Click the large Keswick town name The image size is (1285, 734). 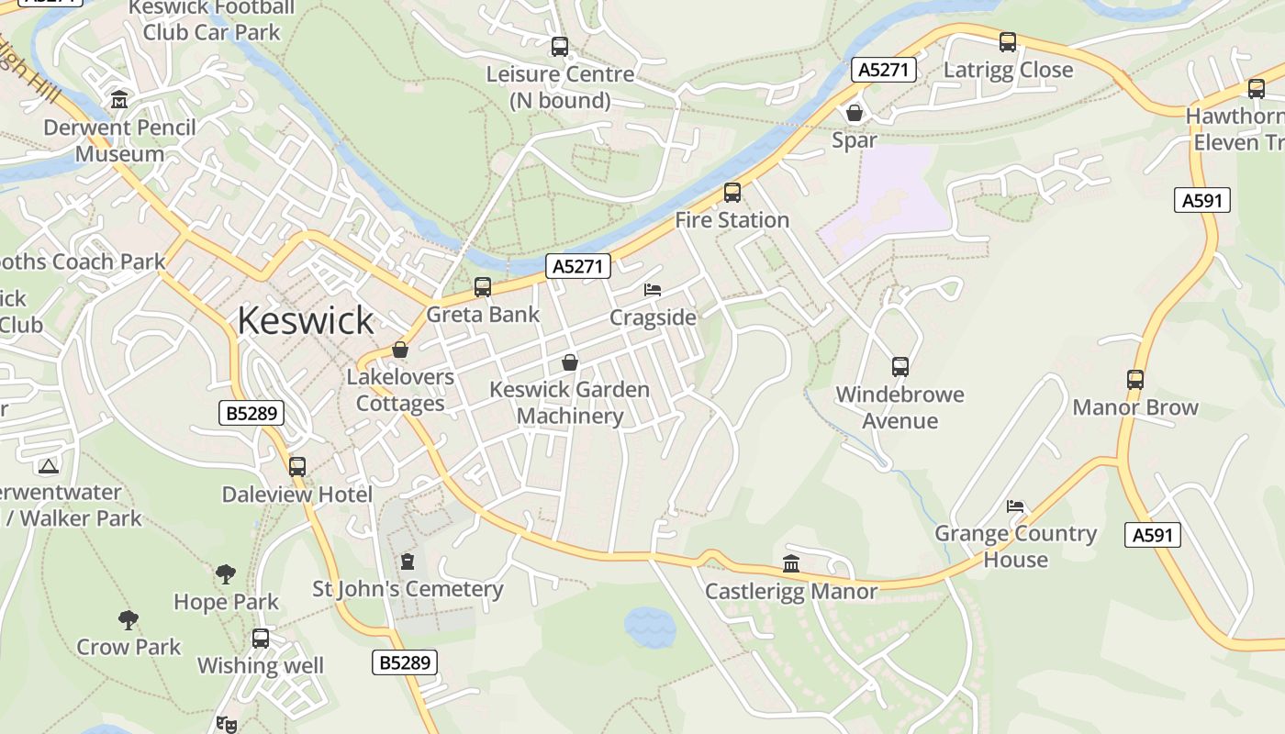(306, 320)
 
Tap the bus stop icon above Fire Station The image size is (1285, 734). (732, 193)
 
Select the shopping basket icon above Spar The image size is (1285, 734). (855, 113)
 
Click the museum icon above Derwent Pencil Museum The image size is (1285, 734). (119, 99)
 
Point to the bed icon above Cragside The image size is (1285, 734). (653, 290)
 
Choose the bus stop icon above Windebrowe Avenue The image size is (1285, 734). (900, 367)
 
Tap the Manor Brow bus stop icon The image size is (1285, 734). (1135, 380)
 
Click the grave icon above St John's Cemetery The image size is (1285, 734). (408, 562)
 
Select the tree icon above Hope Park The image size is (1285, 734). (226, 575)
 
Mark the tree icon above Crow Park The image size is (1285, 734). (128, 620)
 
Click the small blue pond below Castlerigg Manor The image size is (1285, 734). (650, 628)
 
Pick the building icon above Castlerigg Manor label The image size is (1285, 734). (791, 564)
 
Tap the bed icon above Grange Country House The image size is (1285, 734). (1015, 506)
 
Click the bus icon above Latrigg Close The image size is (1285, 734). (1008, 42)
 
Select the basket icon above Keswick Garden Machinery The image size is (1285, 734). (570, 362)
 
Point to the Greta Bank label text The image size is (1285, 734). (483, 315)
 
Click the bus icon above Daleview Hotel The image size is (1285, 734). (297, 467)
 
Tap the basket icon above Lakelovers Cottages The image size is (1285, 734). (400, 350)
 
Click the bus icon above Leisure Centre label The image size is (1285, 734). (560, 47)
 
